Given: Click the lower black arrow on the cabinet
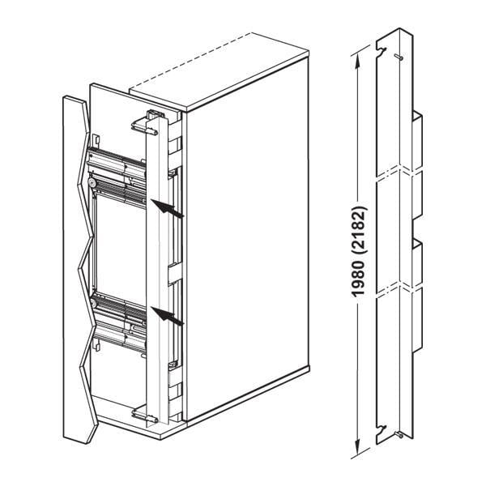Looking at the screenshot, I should click(x=167, y=316).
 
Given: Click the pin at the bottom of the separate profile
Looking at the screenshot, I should click(x=403, y=436).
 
